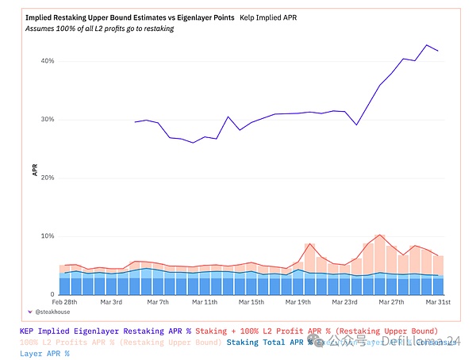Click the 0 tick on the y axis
point(51,294)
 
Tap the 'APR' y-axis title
point(34,169)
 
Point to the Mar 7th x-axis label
point(159,302)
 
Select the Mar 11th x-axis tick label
point(205,302)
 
